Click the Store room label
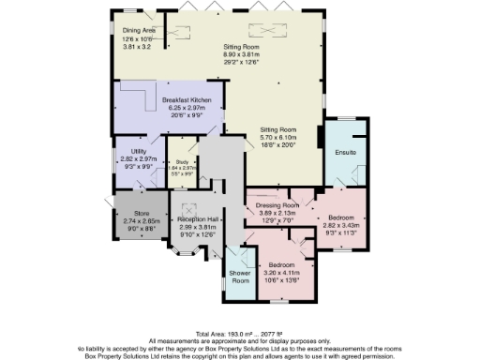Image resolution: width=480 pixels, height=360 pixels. tap(141, 214)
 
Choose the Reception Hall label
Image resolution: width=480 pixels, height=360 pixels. tap(197, 218)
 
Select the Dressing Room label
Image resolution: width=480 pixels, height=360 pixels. tap(277, 204)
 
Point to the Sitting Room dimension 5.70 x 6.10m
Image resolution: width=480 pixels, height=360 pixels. tap(277, 137)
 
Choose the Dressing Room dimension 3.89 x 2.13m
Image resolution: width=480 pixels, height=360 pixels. tap(277, 212)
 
